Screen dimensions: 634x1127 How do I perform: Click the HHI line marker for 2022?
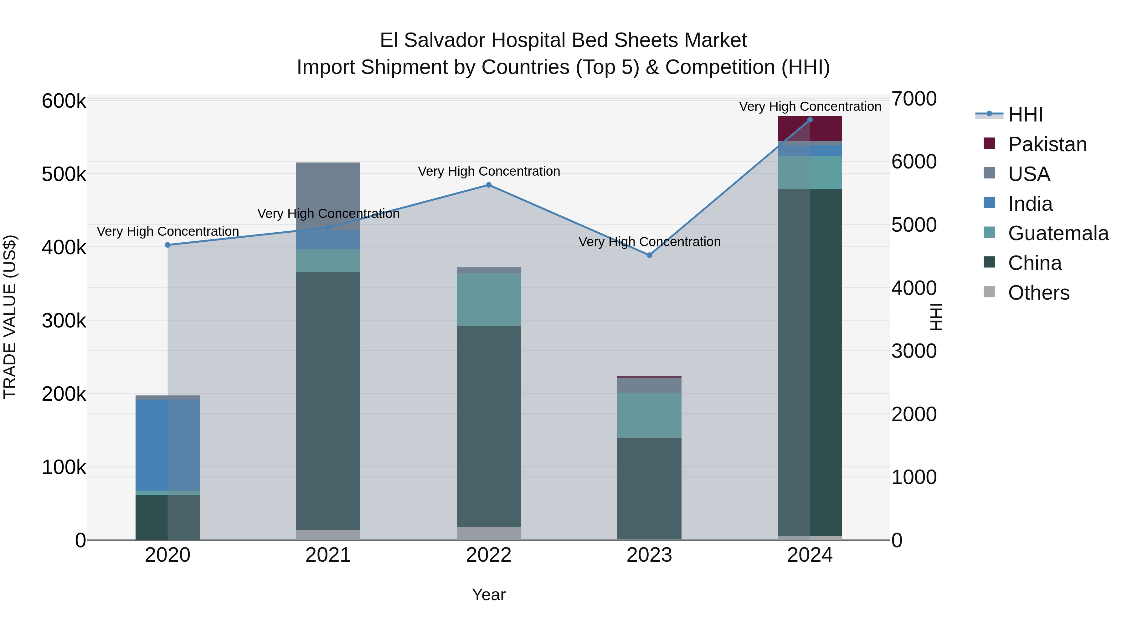click(489, 185)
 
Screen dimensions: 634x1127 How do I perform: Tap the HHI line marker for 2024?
click(810, 120)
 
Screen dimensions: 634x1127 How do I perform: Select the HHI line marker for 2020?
click(167, 245)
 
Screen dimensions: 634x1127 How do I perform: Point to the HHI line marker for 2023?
click(649, 255)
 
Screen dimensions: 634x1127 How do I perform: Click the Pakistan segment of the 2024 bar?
click(810, 129)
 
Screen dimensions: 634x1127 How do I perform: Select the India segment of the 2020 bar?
click(167, 445)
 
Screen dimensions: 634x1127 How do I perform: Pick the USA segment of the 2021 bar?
click(328, 196)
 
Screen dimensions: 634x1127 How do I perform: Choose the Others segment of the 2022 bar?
click(489, 533)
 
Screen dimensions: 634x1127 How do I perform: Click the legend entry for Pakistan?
click(1047, 144)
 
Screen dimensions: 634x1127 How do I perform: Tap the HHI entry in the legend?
click(1025, 115)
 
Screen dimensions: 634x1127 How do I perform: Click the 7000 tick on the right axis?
click(914, 99)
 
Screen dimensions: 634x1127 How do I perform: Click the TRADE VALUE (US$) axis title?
click(10, 317)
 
